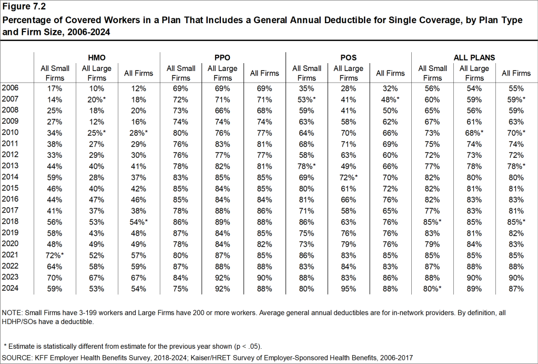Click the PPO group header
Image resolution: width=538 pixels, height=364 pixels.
click(x=222, y=57)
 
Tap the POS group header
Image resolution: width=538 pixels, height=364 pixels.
click(x=348, y=57)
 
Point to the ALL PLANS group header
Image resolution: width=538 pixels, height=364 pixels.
click(x=474, y=57)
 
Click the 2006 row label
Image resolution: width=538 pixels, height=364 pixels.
click(x=11, y=88)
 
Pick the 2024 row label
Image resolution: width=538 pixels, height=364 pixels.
click(x=11, y=288)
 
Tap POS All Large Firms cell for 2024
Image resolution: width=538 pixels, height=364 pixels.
click(x=348, y=288)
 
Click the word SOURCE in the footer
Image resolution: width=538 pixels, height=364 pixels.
click(x=17, y=357)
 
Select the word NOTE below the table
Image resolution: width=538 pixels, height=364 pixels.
click(x=13, y=313)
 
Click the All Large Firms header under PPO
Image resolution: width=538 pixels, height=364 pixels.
click(x=222, y=73)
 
